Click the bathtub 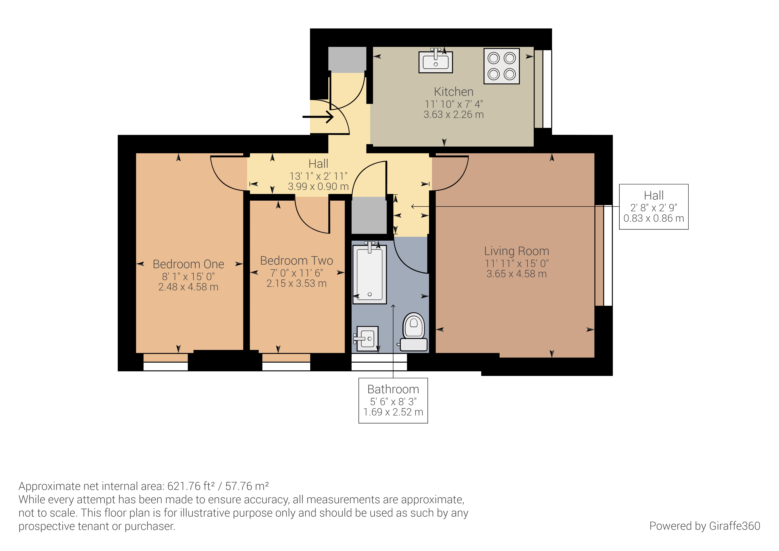click(370, 273)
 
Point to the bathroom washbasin click(367, 338)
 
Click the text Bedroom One click(188, 264)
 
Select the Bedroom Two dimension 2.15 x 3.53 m click(296, 283)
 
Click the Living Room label click(516, 251)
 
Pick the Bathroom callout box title click(393, 389)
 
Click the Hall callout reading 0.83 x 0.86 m click(654, 218)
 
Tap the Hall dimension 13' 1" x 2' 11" click(318, 176)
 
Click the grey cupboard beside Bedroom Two click(369, 215)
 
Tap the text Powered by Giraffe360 click(704, 526)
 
